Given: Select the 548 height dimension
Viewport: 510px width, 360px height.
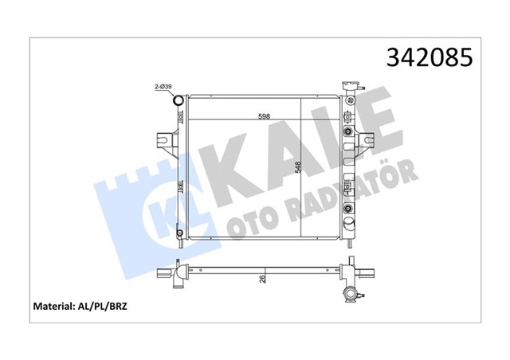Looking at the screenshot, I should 296,169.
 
